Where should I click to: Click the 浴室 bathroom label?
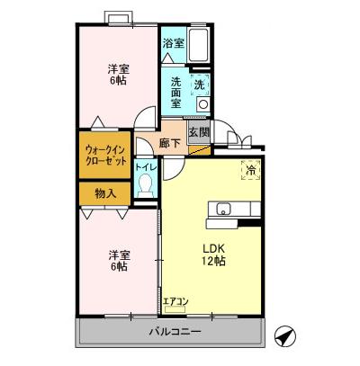pyautogui.click(x=173, y=42)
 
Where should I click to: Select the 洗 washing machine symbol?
pyautogui.click(x=202, y=84)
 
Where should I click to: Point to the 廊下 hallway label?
pyautogui.click(x=169, y=143)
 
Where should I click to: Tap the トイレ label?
pyautogui.click(x=144, y=168)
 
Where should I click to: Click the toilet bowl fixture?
pyautogui.click(x=145, y=187)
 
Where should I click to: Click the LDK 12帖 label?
pyautogui.click(x=213, y=254)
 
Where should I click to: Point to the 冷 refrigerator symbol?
pyautogui.click(x=247, y=167)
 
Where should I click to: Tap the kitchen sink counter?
pyautogui.click(x=234, y=211)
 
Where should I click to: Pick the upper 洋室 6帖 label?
pyautogui.click(x=118, y=75)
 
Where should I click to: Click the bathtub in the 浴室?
pyautogui.click(x=200, y=43)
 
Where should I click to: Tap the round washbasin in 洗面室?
pyautogui.click(x=202, y=104)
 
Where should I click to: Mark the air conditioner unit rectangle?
pyautogui.click(x=175, y=309)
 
